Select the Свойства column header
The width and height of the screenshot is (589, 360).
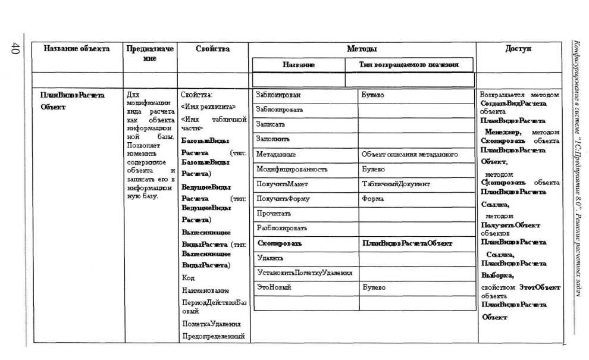pyautogui.click(x=212, y=49)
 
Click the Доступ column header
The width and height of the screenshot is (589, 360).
pyautogui.click(x=518, y=49)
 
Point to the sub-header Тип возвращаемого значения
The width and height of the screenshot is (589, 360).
pyautogui.click(x=409, y=64)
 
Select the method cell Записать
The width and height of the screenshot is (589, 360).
pyautogui.click(x=270, y=124)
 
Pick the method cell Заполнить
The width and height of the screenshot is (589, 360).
pyautogui.click(x=272, y=139)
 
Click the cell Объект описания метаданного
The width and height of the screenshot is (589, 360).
pyautogui.click(x=410, y=154)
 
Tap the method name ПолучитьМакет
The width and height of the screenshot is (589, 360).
pyautogui.click(x=282, y=184)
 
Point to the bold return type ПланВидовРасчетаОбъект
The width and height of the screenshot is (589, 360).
pyautogui.click(x=407, y=243)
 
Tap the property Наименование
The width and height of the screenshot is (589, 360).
pyautogui.click(x=205, y=290)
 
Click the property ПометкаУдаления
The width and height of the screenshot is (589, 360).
pyautogui.click(x=211, y=324)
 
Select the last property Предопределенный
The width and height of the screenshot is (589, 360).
pyautogui.click(x=214, y=337)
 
